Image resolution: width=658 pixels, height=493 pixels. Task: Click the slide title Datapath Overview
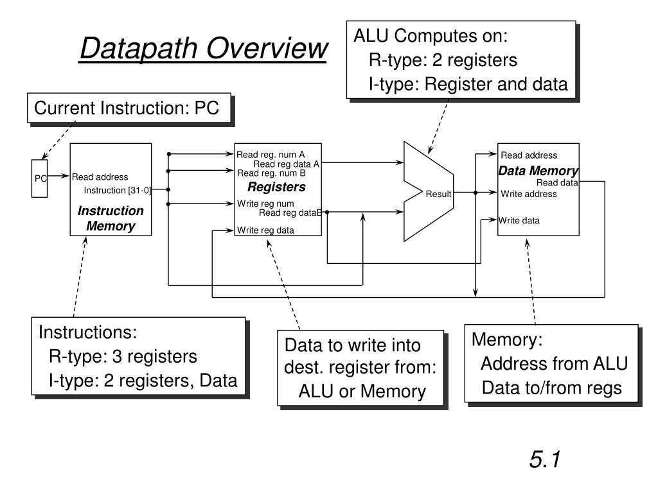(203, 49)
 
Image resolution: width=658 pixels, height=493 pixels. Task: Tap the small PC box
(40, 178)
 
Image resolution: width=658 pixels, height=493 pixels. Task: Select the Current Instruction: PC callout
(127, 108)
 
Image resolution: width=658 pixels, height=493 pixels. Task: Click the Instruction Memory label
(111, 218)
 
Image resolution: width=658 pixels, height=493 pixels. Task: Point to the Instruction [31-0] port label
(117, 190)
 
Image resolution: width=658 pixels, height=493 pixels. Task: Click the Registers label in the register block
(276, 187)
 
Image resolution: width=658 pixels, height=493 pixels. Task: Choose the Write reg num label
(265, 204)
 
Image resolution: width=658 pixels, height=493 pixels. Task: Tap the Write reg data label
(265, 230)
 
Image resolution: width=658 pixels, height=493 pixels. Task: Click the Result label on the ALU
(438, 195)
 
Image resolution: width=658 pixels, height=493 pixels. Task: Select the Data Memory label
(538, 171)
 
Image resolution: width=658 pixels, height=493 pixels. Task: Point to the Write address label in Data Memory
(529, 194)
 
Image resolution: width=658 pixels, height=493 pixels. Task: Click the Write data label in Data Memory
(519, 221)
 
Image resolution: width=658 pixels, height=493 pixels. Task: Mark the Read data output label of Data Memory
(557, 182)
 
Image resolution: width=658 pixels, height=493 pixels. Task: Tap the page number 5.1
(546, 460)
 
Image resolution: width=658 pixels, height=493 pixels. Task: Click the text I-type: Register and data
(468, 84)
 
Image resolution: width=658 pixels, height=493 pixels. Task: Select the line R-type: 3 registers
(123, 356)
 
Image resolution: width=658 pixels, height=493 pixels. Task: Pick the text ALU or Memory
(362, 392)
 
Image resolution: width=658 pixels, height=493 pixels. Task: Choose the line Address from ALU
(554, 364)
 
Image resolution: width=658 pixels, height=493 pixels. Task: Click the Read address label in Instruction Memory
(100, 177)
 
